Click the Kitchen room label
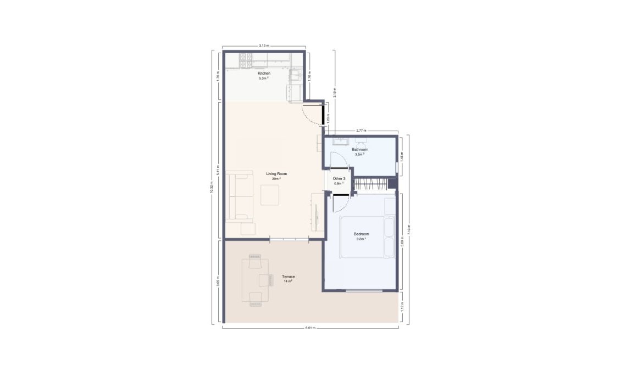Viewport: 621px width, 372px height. point(264,74)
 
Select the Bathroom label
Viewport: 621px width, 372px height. point(360,149)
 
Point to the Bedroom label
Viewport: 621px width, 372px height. point(361,234)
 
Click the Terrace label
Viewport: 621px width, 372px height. point(288,277)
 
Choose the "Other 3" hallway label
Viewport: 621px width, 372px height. point(339,179)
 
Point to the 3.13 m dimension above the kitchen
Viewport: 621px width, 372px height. point(264,46)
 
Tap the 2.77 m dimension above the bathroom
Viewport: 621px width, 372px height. point(361,131)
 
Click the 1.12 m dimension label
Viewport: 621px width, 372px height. point(402,307)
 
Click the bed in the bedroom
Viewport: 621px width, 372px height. point(367,237)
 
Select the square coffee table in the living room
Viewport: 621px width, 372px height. point(269,195)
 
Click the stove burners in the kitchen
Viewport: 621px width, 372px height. point(246,57)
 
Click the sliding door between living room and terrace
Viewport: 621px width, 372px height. point(289,239)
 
